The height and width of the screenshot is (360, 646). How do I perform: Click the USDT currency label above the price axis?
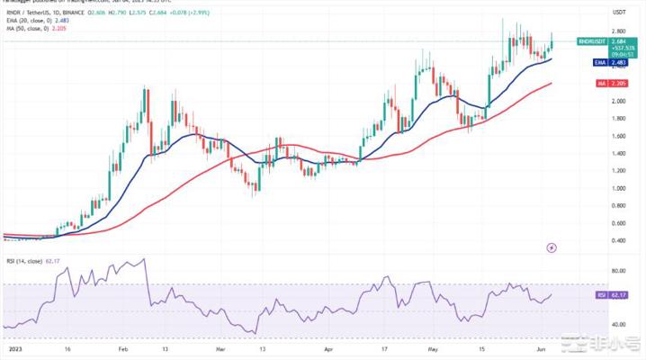tap(618, 12)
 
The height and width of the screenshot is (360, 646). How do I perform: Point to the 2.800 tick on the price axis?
tap(619, 31)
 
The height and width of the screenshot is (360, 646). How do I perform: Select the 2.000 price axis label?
tap(619, 101)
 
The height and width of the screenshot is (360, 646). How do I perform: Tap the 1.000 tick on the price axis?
tap(619, 188)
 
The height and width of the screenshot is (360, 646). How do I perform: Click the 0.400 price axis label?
tap(619, 240)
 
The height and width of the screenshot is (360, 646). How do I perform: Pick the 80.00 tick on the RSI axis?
tap(619, 270)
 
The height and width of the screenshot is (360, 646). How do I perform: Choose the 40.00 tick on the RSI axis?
tap(619, 324)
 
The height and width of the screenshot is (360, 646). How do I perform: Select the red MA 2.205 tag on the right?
tap(618, 84)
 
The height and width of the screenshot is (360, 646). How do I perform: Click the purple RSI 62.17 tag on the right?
tap(618, 293)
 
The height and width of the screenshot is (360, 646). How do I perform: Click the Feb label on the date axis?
tap(123, 346)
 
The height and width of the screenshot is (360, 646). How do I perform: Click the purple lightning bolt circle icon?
tap(551, 246)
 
